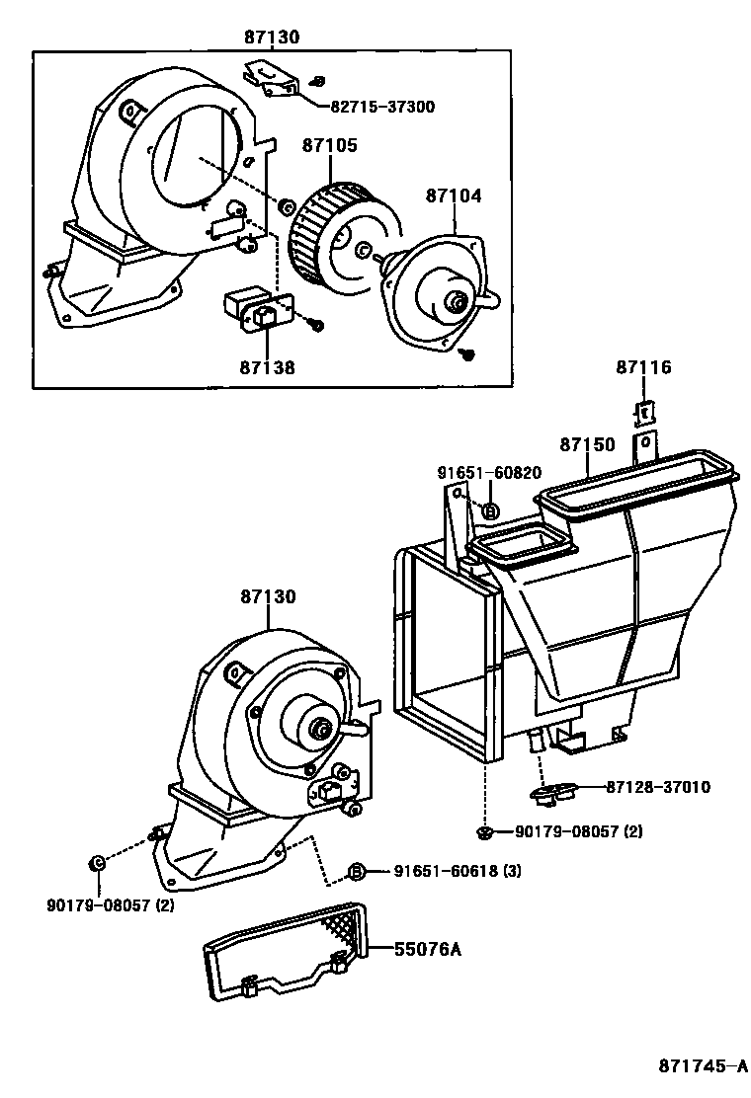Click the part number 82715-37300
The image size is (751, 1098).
click(x=381, y=107)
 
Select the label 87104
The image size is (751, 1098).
click(x=454, y=196)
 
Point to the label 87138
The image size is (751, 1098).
click(x=266, y=367)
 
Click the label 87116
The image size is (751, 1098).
click(x=643, y=367)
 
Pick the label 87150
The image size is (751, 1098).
click(x=587, y=444)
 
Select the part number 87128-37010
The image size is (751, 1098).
click(x=658, y=787)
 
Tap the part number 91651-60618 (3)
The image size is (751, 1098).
click(x=458, y=870)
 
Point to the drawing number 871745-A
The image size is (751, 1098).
click(x=702, y=1066)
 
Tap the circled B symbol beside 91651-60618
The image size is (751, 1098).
click(x=358, y=871)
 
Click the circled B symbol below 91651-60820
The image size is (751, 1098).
click(x=490, y=510)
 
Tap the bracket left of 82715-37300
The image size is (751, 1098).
click(x=273, y=80)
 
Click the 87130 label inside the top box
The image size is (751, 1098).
click(x=272, y=37)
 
